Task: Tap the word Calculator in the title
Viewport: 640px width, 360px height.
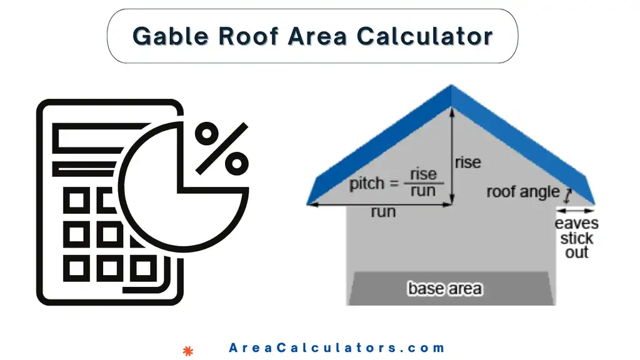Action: [x=424, y=36]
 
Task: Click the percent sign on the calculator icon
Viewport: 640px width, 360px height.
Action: [x=221, y=148]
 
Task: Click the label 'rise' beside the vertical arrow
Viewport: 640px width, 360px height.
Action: [x=468, y=162]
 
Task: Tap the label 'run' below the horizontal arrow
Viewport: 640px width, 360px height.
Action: [x=383, y=212]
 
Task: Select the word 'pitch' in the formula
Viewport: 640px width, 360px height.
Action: [x=367, y=184]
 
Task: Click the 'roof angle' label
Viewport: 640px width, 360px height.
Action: [x=523, y=192]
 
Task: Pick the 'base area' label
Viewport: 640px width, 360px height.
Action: [x=444, y=289]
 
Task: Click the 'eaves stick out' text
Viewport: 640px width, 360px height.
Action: [x=576, y=238]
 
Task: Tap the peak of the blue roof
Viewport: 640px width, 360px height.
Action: [x=451, y=87]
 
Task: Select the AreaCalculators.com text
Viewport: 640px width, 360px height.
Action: [x=337, y=348]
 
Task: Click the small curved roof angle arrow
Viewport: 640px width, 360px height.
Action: [x=567, y=195]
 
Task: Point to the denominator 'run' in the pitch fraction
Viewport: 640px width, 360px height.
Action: [x=423, y=192]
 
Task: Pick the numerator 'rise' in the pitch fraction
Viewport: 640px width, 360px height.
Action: [x=423, y=174]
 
